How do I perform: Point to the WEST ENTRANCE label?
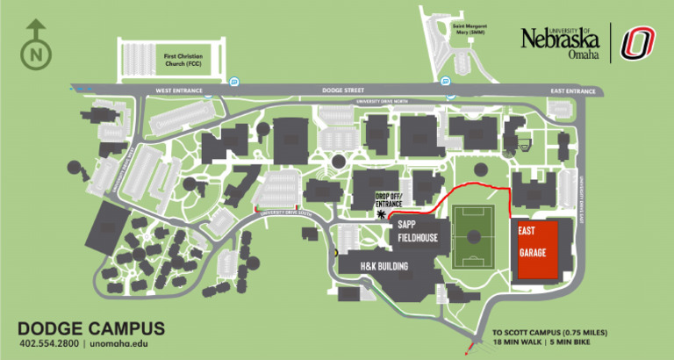coord(179,90)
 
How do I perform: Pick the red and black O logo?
coord(635,41)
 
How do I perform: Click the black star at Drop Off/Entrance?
coord(381,213)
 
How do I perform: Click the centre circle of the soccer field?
coord(474,237)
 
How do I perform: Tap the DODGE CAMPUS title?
coord(90,328)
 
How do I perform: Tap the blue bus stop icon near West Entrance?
coord(233,82)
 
